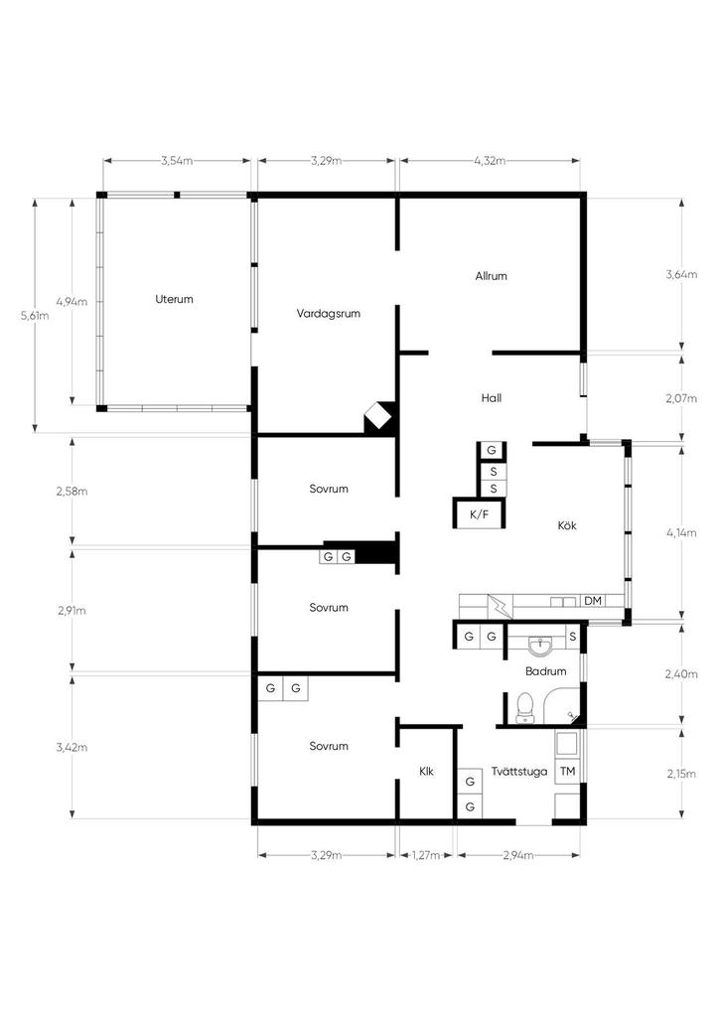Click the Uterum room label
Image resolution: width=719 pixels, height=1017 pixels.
tap(174, 299)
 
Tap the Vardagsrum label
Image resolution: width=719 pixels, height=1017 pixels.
tap(328, 313)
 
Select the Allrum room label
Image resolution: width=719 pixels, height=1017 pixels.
tap(491, 276)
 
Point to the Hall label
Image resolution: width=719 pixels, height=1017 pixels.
tap(492, 397)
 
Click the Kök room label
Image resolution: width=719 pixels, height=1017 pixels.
tap(567, 524)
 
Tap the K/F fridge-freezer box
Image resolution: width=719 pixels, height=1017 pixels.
tap(479, 513)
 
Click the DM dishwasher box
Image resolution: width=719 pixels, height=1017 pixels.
tap(593, 601)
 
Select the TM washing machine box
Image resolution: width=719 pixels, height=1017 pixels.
tap(567, 771)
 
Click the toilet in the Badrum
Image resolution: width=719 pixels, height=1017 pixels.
tap(524, 708)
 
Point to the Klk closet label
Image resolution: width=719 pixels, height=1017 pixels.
tap(426, 771)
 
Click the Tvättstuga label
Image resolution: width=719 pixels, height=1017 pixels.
tap(518, 771)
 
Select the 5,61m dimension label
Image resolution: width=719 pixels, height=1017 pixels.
tap(35, 316)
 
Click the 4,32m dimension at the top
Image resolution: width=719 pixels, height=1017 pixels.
tap(490, 161)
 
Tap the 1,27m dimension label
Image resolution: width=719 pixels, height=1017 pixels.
tap(426, 855)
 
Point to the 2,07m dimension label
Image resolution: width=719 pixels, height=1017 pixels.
tap(680, 398)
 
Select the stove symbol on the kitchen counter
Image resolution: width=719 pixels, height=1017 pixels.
tap(500, 606)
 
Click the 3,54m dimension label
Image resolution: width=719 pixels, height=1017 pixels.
tap(177, 161)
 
